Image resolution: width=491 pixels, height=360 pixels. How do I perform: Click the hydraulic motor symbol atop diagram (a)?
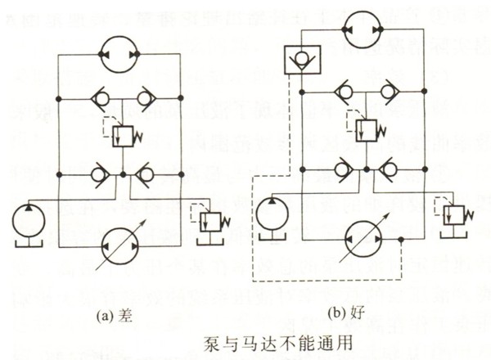(119, 55)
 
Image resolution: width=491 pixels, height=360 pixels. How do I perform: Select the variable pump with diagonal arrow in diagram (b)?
(363, 238)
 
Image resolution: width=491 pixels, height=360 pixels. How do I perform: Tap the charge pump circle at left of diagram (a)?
(31, 224)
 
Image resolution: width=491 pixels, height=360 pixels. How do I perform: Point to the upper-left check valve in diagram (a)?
(99, 99)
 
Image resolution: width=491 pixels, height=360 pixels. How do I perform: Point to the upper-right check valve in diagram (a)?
(146, 99)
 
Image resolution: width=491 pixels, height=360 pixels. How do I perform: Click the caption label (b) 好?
(349, 312)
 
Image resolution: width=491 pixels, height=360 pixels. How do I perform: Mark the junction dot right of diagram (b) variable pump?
(402, 239)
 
